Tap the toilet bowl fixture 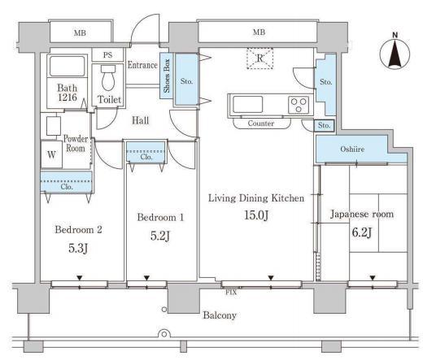(108, 78)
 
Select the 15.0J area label (256, 215)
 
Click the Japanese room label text (362, 214)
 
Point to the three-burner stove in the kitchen (299, 105)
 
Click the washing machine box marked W (51, 154)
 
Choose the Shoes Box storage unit (166, 76)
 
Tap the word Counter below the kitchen (261, 124)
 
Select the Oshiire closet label (352, 149)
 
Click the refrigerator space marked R (259, 59)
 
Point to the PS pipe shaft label (107, 55)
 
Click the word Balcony (220, 315)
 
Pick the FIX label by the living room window (231, 293)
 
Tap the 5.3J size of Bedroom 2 (78, 248)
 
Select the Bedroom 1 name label (160, 217)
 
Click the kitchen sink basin (247, 104)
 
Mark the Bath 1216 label (68, 93)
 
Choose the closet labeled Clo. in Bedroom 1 (146, 152)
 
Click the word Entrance (142, 65)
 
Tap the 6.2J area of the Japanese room (362, 232)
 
